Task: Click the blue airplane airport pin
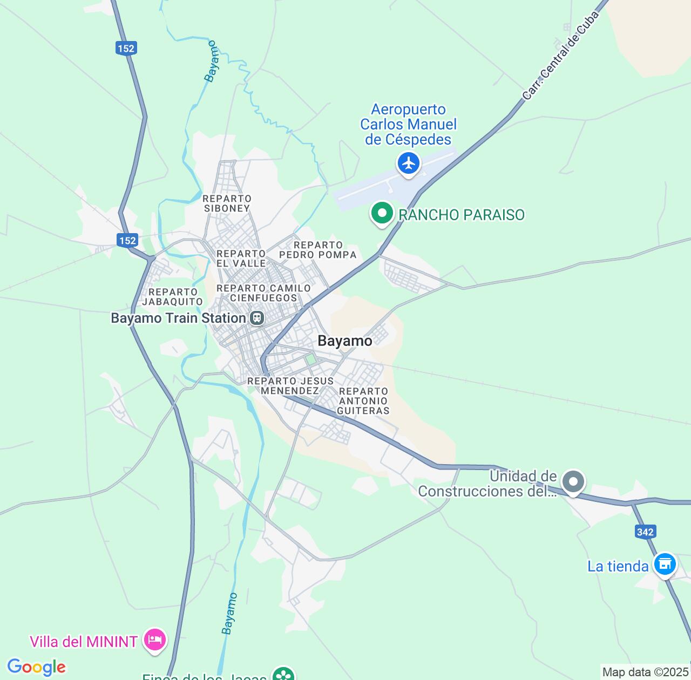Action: (x=409, y=162)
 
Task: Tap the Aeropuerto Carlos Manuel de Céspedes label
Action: (x=409, y=125)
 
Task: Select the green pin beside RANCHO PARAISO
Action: (x=382, y=213)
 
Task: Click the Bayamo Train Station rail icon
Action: (x=257, y=318)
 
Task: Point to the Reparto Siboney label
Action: (x=227, y=203)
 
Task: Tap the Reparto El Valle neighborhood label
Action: (x=241, y=259)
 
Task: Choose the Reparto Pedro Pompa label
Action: (x=318, y=250)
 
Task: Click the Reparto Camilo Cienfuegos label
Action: (x=263, y=293)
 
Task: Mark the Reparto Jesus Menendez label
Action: (x=290, y=386)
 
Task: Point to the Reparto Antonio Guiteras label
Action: (x=363, y=401)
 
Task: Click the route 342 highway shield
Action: (x=645, y=532)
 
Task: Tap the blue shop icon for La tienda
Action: (x=665, y=565)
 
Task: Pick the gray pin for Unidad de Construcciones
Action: (x=573, y=481)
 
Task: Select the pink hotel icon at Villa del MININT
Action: (x=155, y=641)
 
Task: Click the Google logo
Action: (x=36, y=667)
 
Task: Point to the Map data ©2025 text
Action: (x=645, y=672)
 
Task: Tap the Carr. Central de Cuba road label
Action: (x=561, y=56)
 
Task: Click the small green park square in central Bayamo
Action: (x=310, y=359)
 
